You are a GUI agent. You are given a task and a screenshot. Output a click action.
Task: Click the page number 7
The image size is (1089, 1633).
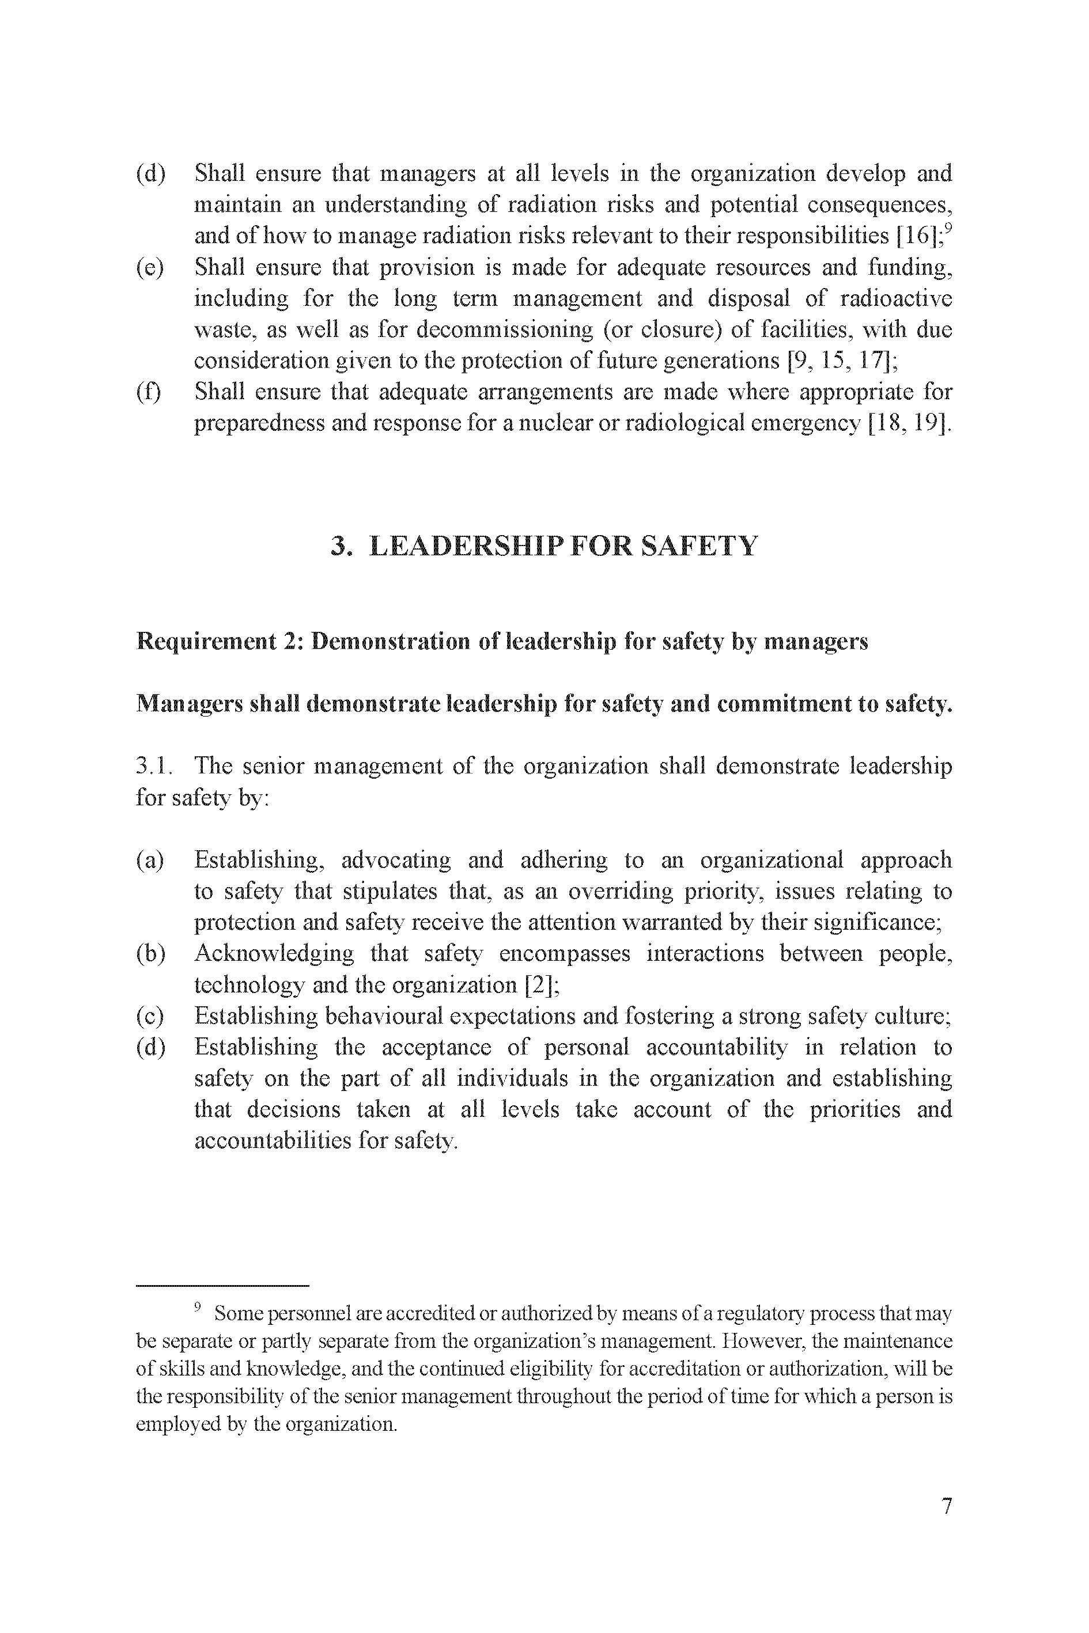[947, 1526]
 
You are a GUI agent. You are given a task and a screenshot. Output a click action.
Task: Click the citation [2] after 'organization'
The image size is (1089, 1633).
[542, 984]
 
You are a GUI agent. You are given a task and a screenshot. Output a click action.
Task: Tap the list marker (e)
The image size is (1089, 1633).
[150, 268]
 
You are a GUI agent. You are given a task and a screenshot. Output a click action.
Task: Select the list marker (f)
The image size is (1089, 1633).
[149, 392]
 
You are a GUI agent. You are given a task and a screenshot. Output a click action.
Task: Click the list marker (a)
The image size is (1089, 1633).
[150, 860]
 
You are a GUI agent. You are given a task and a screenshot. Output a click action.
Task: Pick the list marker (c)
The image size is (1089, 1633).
[150, 1017]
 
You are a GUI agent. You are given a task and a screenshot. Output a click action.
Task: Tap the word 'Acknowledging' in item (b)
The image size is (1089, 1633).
[274, 954]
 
